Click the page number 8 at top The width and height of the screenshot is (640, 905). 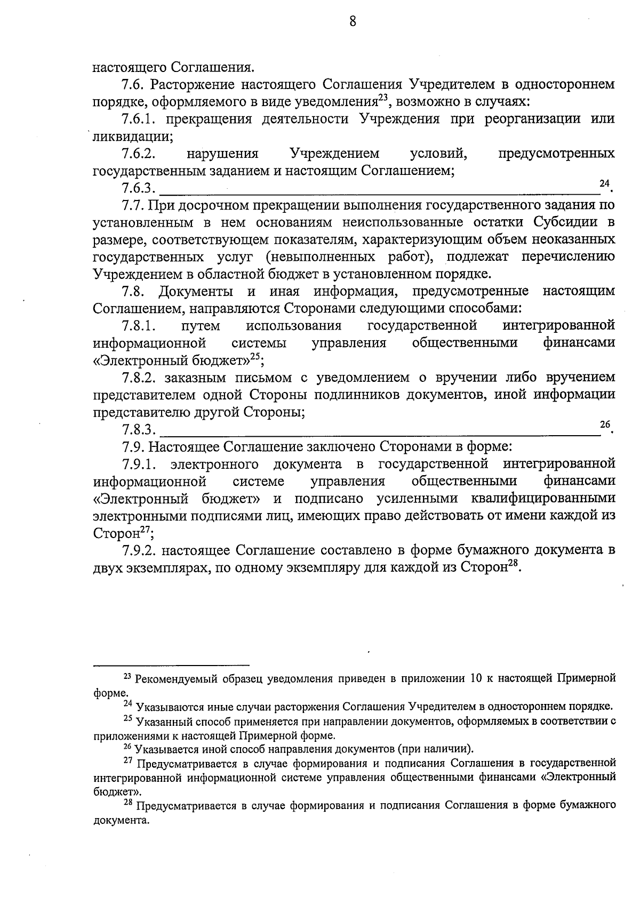[x=352, y=21]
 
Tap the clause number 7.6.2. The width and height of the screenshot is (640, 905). [x=139, y=154]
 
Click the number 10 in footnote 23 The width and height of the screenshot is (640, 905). [x=476, y=679]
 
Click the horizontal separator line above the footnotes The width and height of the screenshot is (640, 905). [x=171, y=665]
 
